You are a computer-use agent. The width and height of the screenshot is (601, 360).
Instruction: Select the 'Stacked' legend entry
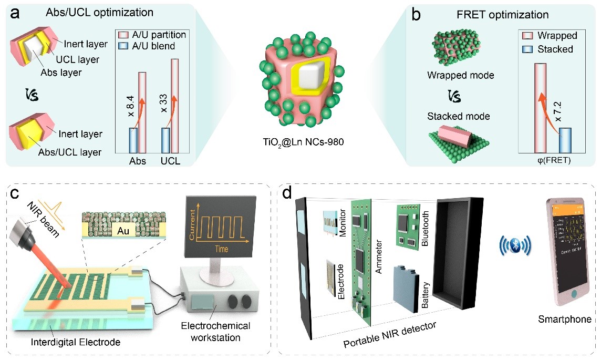555,49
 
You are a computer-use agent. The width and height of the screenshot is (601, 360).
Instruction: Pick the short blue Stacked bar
565,139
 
